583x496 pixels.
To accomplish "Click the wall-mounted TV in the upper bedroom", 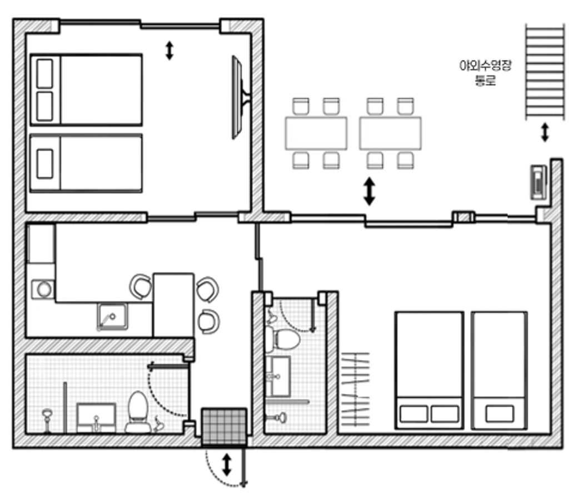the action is point(240,97).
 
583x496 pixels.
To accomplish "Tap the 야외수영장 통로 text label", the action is point(485,73).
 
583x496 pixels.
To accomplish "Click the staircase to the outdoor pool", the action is point(545,71).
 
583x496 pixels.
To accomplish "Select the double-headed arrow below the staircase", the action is point(545,133).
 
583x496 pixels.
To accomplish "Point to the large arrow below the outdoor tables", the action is point(369,191).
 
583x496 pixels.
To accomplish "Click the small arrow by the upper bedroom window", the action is point(169,50).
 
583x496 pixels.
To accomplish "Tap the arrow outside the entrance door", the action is point(226,465).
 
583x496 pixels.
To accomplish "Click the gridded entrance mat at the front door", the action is point(224,426).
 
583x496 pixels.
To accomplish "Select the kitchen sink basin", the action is point(112,317).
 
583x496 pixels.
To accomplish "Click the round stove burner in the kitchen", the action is point(43,289).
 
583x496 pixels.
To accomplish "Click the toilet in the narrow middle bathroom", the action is point(282,338).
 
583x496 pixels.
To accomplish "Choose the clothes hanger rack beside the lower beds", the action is point(356,389).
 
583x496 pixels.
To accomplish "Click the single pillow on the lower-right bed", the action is point(499,413).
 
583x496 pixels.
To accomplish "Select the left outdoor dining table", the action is point(316,133).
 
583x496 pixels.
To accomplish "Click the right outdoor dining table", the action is point(390,133).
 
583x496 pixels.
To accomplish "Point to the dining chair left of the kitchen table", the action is point(141,286).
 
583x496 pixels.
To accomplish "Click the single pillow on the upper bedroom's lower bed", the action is point(45,164).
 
